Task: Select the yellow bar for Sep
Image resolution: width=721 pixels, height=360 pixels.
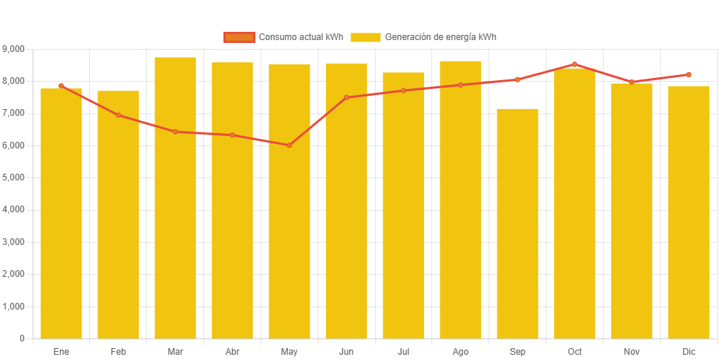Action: (518, 223)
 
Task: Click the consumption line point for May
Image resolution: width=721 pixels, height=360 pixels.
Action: (289, 145)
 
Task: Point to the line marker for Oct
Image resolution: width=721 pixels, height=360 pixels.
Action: (574, 64)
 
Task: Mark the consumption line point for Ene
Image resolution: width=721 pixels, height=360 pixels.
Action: (61, 85)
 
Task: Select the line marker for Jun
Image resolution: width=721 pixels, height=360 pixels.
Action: (346, 97)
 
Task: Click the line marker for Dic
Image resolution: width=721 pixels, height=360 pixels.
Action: (688, 74)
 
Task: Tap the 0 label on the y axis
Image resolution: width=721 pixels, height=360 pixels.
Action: (22, 338)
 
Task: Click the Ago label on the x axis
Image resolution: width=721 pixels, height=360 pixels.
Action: (460, 351)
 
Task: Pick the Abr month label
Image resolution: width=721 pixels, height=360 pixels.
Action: (232, 351)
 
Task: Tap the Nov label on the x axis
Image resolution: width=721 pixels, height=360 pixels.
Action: (631, 351)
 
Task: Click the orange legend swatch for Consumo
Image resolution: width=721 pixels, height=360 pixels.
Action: (238, 37)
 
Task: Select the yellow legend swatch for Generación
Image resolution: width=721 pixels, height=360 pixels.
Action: (365, 37)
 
